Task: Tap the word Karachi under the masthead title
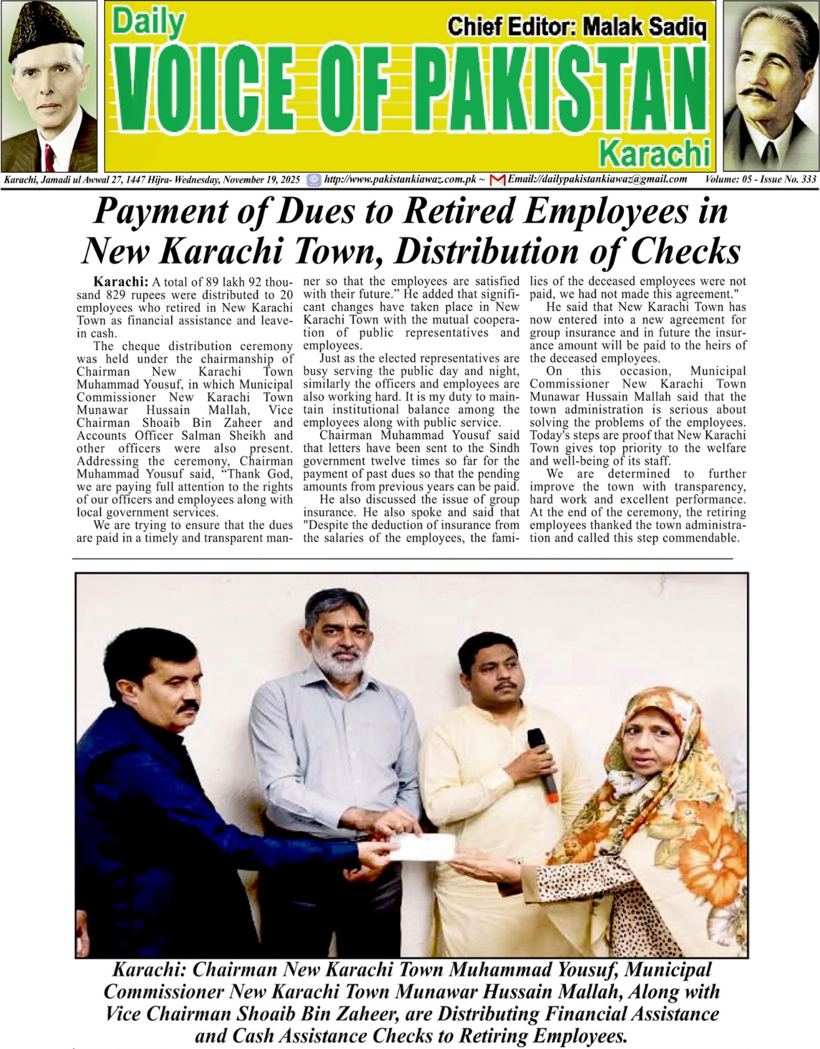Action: click(x=655, y=154)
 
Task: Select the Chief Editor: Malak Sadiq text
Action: click(x=577, y=27)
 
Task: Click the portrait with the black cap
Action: click(x=49, y=85)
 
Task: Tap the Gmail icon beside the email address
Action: click(x=497, y=180)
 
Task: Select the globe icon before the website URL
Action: click(x=314, y=180)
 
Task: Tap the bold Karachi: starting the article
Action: click(x=121, y=281)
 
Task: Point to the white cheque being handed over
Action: click(x=422, y=847)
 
